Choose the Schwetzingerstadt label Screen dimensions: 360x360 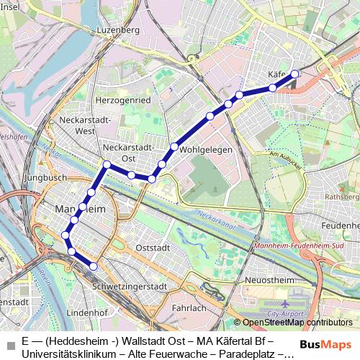130,287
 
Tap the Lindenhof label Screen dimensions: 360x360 86,313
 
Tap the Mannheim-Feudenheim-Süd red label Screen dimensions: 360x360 295,246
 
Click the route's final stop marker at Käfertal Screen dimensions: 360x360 294,73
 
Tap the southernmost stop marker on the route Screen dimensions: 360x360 93,266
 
